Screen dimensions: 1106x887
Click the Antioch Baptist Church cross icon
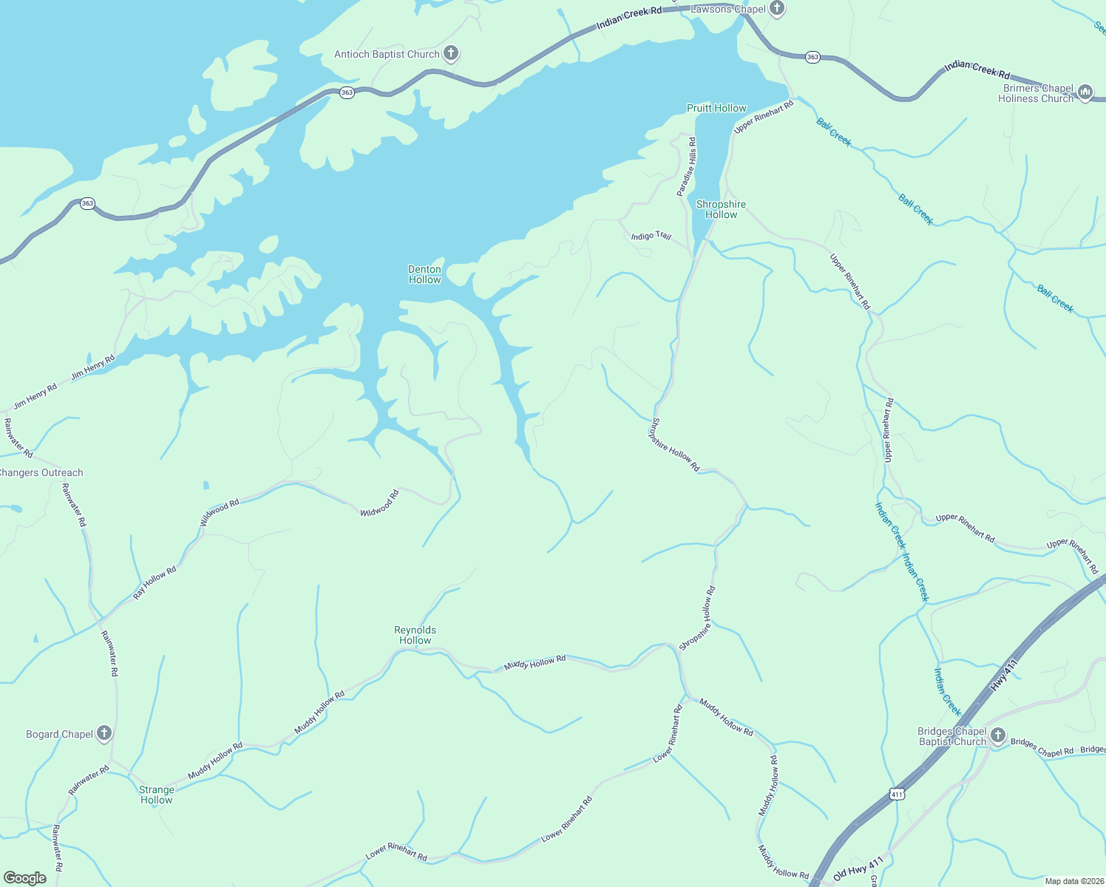[x=451, y=53]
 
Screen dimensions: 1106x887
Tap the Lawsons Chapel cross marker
[x=776, y=9]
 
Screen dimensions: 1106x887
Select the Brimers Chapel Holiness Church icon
[x=1085, y=92]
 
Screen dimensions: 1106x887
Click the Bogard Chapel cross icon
[x=104, y=733]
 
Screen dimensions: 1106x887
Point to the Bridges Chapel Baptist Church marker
[x=997, y=735]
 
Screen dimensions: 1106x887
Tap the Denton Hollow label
[x=424, y=274]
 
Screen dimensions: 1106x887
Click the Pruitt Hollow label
[x=716, y=108]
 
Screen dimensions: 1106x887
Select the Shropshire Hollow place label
[x=721, y=209]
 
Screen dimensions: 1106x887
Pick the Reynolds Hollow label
[x=415, y=635]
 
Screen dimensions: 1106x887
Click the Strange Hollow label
[x=157, y=795]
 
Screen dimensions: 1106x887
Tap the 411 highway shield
[x=897, y=794]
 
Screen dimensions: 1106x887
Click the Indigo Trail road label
[x=651, y=236]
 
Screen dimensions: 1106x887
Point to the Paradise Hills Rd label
[x=687, y=166]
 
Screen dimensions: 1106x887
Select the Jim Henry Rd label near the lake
[x=93, y=367]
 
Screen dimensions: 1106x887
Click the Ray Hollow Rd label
[x=155, y=582]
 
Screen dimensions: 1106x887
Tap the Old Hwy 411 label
[x=858, y=869]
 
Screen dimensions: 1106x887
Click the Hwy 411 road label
[x=1005, y=674]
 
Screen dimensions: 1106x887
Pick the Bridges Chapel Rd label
[x=1042, y=747]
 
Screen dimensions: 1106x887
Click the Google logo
[x=25, y=878]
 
